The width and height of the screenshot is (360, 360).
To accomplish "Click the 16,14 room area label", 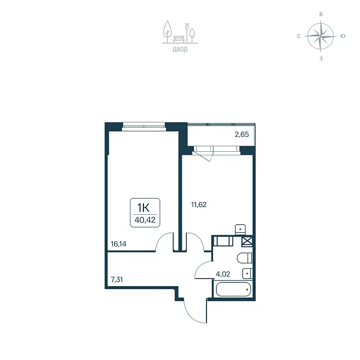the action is click(118, 244).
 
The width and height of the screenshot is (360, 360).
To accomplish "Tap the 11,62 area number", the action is click(199, 205).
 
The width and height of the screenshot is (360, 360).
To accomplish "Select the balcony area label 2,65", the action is click(242, 134).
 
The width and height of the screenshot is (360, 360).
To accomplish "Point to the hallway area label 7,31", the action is click(116, 280).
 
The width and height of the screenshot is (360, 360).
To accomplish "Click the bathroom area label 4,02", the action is click(223, 274).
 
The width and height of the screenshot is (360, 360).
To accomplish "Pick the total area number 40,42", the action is click(145, 220).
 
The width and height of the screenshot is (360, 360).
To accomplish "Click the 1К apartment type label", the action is click(143, 208).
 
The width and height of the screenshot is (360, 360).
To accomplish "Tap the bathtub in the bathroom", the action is click(233, 289).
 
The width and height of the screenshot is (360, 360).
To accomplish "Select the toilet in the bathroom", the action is click(245, 258).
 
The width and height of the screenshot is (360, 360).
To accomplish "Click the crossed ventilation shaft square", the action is click(247, 241).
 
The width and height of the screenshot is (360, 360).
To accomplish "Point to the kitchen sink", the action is click(241, 230).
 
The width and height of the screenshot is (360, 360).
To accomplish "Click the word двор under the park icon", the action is click(180, 49).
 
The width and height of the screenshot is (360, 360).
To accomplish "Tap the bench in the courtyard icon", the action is click(179, 39).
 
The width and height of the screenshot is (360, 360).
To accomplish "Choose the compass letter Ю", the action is click(343, 36).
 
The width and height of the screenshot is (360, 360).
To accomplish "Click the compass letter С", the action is click(299, 36).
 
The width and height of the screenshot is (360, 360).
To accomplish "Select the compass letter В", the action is click(321, 14).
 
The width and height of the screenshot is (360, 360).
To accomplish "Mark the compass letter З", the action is click(321, 59).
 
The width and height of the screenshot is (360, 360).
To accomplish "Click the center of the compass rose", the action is click(321, 36).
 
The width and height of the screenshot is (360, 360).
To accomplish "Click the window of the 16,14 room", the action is click(144, 126).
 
